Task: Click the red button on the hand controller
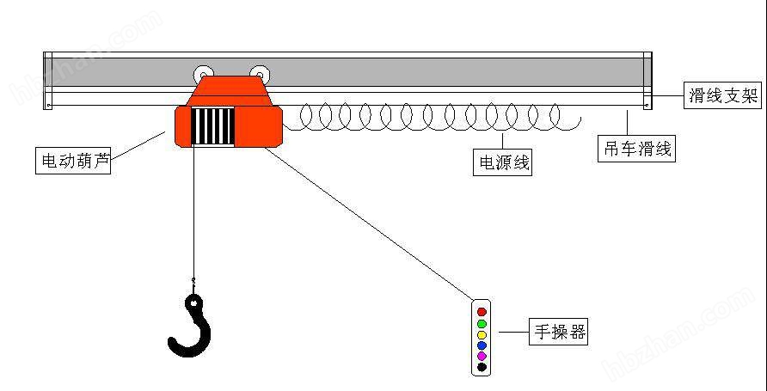pyautogui.click(x=482, y=311)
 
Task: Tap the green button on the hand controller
pyautogui.click(x=482, y=324)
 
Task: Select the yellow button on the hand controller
pyautogui.click(x=482, y=335)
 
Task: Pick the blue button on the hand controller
pyautogui.click(x=482, y=345)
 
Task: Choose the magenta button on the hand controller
pyautogui.click(x=482, y=356)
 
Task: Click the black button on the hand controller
pyautogui.click(x=482, y=367)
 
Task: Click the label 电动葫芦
pyautogui.click(x=73, y=161)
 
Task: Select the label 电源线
pyautogui.click(x=502, y=162)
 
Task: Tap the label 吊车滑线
pyautogui.click(x=637, y=149)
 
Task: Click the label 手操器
pyautogui.click(x=558, y=333)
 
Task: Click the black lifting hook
pyautogui.click(x=191, y=325)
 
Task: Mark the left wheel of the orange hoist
pyautogui.click(x=203, y=74)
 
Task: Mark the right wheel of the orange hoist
pyautogui.click(x=260, y=74)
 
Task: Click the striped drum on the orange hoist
pyautogui.click(x=212, y=125)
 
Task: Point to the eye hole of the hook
pyautogui.click(x=195, y=303)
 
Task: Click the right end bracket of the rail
pyautogui.click(x=647, y=81)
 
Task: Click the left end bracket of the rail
pyautogui.click(x=47, y=81)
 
